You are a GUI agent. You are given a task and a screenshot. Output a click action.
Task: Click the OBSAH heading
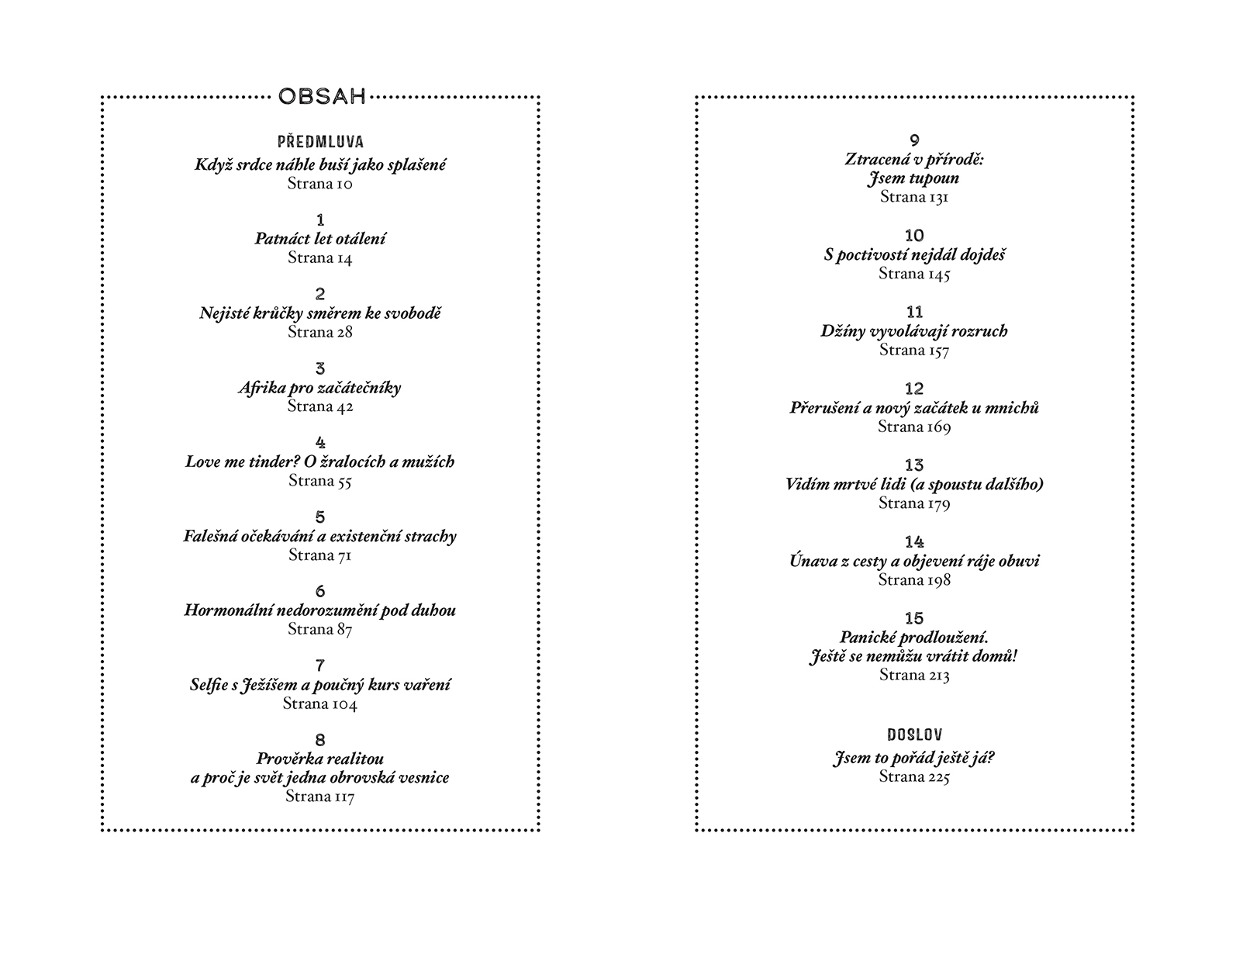tap(321, 97)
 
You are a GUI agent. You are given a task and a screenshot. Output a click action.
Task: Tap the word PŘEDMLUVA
tap(320, 141)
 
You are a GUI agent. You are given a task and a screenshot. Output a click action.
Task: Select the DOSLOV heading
tap(915, 735)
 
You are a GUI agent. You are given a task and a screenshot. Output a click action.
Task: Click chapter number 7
tap(320, 665)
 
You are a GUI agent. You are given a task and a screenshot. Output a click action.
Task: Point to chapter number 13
tap(914, 465)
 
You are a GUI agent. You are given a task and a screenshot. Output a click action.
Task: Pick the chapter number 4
tap(320, 442)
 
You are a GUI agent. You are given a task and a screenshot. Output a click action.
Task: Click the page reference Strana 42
tap(319, 406)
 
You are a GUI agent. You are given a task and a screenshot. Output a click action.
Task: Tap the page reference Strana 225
tap(914, 776)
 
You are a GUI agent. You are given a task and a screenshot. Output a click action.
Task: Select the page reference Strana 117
tap(319, 796)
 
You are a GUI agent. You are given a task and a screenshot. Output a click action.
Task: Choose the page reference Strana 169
tap(914, 427)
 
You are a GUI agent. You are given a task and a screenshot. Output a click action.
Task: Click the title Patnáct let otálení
tap(319, 238)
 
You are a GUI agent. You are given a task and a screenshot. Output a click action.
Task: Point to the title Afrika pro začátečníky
tap(319, 388)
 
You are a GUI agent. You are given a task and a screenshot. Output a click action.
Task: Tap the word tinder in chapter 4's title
tap(271, 461)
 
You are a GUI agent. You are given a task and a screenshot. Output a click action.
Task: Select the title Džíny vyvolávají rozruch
tap(914, 332)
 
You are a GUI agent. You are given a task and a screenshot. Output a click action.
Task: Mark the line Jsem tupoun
tap(913, 178)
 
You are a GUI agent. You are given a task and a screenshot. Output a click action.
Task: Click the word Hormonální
tap(227, 610)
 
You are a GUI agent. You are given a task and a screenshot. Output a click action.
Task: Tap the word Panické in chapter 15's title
tap(867, 638)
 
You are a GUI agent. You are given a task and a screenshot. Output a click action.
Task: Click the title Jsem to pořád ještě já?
tap(913, 759)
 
